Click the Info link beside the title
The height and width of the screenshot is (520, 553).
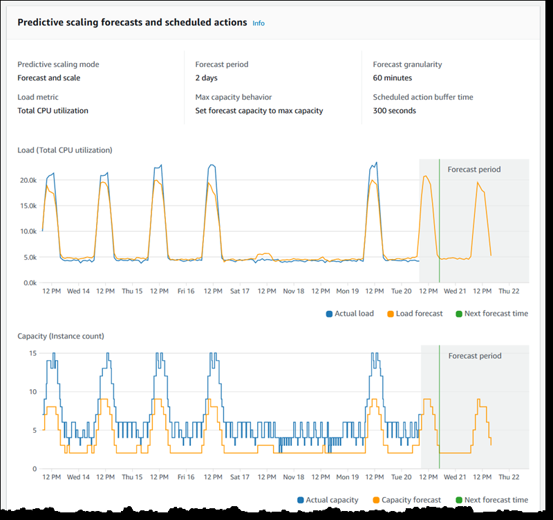pyautogui.click(x=258, y=23)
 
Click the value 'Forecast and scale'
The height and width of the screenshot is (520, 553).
pyautogui.click(x=48, y=78)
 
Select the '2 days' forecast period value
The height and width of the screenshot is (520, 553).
pyautogui.click(x=207, y=78)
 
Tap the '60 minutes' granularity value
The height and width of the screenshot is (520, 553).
pyautogui.click(x=392, y=78)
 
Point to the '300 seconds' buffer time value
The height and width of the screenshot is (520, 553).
pyautogui.click(x=394, y=111)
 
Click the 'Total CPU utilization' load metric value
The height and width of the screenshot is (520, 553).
pyautogui.click(x=53, y=111)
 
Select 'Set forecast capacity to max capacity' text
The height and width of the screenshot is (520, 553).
pyautogui.click(x=259, y=111)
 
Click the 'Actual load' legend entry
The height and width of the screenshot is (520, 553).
pyautogui.click(x=353, y=314)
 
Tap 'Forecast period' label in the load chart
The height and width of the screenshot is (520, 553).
pyautogui.click(x=474, y=170)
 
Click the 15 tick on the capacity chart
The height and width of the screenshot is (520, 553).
pyautogui.click(x=31, y=353)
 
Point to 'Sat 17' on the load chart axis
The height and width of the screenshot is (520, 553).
pyautogui.click(x=239, y=292)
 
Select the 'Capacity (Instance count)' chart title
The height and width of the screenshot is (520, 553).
pyautogui.click(x=61, y=337)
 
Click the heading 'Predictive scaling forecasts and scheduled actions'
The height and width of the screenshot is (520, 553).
pyautogui.click(x=132, y=22)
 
